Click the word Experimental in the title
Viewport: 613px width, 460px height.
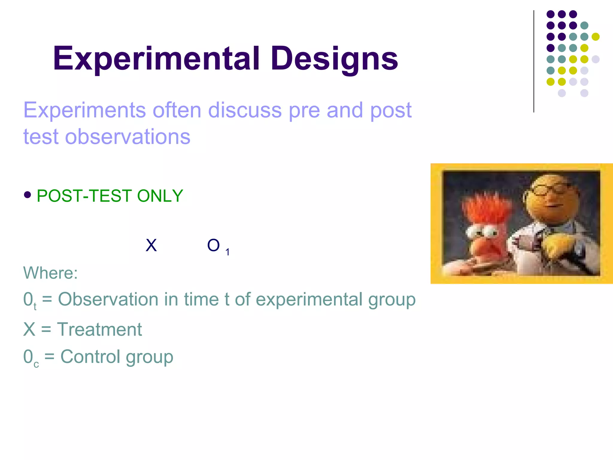(x=156, y=59)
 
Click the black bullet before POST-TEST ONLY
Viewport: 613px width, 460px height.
(x=28, y=195)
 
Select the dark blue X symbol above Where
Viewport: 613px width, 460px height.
(x=151, y=245)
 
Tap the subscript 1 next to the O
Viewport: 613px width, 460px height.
(x=227, y=252)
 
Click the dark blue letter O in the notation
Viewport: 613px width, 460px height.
(x=213, y=245)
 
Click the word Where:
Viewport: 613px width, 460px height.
(x=50, y=273)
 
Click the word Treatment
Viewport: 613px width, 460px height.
(x=99, y=329)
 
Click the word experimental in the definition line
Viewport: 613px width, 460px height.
(x=309, y=300)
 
